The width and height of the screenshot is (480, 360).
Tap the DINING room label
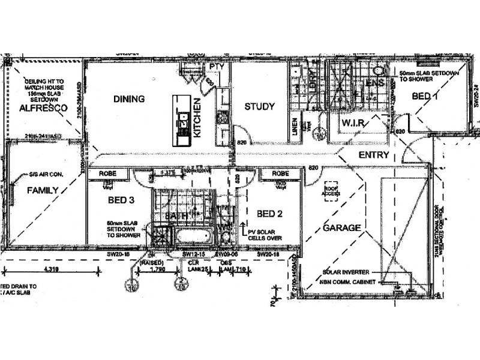tap(129, 99)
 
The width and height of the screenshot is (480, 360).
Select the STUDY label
tap(259, 107)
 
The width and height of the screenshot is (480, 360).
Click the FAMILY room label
tap(42, 191)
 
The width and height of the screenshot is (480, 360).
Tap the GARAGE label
tap(342, 228)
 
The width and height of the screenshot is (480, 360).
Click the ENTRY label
tap(374, 155)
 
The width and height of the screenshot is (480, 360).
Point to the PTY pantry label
tap(216, 67)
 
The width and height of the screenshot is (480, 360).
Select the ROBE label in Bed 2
tap(280, 173)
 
